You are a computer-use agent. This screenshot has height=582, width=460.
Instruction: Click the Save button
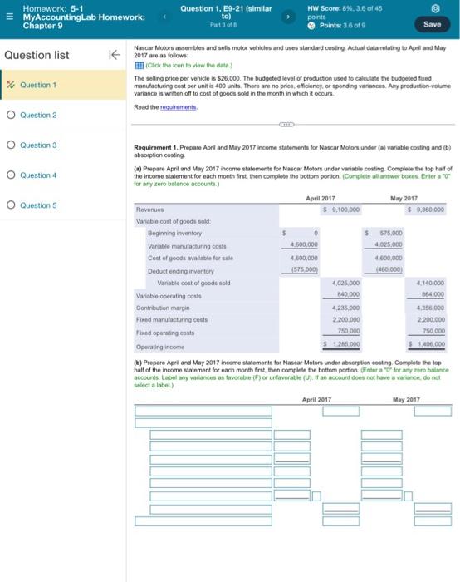tap(432, 24)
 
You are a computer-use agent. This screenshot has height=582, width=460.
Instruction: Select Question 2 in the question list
tap(38, 115)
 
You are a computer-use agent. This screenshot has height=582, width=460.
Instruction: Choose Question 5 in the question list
tap(38, 205)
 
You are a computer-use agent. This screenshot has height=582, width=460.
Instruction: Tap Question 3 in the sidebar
tap(38, 145)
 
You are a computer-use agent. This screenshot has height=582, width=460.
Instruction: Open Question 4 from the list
tap(38, 175)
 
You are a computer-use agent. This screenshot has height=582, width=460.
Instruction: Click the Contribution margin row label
tap(162, 307)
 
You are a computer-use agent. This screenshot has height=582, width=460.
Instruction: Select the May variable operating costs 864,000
tap(431, 294)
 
